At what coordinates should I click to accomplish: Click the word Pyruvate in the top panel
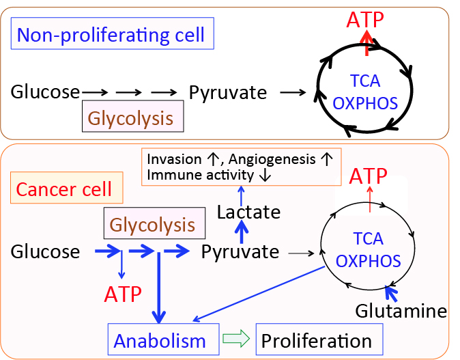click(228, 92)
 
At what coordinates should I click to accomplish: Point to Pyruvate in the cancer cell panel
click(240, 252)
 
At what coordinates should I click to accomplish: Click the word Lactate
click(248, 212)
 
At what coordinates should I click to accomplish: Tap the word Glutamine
click(401, 311)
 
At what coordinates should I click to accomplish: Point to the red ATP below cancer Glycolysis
click(123, 294)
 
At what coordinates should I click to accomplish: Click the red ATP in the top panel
click(366, 18)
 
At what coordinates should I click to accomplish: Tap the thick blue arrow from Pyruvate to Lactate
click(241, 233)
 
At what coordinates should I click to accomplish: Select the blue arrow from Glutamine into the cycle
click(390, 294)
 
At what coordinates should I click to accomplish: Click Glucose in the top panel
click(45, 92)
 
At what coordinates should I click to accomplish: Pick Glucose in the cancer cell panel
click(45, 252)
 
